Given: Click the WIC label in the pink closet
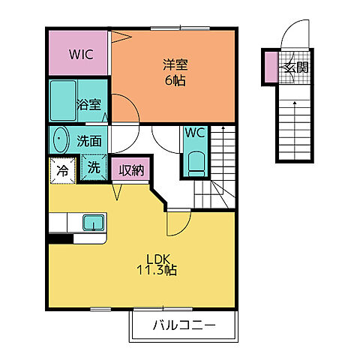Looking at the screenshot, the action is [81, 54].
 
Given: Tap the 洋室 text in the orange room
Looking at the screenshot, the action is [175, 64].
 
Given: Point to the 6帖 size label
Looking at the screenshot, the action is [175, 80].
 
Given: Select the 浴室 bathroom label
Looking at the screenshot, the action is [89, 104].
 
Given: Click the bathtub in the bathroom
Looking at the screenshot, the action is [63, 100].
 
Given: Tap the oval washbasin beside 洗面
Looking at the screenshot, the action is [60, 139].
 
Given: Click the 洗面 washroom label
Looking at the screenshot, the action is [89, 141].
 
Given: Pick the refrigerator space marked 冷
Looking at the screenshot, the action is [62, 171].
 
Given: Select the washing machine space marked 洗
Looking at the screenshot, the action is [94, 167].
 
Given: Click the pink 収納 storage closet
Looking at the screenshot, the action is [131, 170].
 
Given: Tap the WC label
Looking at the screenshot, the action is [195, 133].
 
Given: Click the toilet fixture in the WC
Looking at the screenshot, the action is [196, 163].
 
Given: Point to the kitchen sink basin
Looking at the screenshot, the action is [94, 223].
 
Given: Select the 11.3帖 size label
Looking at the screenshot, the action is [157, 270].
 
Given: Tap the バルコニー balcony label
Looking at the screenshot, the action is [184, 325].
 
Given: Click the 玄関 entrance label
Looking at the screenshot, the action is [296, 67].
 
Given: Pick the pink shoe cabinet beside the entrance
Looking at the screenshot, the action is [271, 67].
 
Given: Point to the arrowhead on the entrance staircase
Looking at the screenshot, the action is [295, 103].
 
